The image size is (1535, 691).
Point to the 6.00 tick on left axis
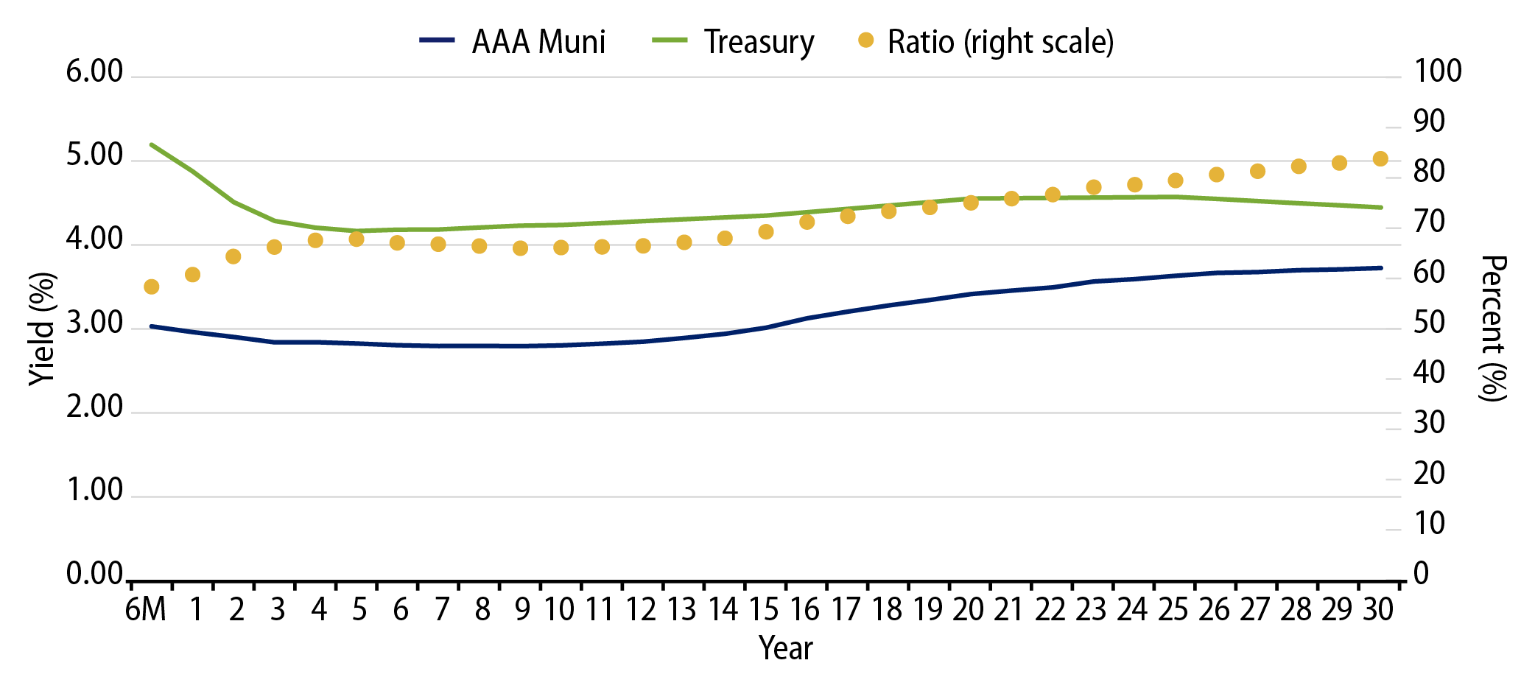point(94,72)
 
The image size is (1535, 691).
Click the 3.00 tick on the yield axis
point(94,323)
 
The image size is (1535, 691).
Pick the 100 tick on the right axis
point(1437,72)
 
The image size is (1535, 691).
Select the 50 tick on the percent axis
point(1429,323)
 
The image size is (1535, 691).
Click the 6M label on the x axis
point(146,610)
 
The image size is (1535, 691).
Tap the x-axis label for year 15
point(764,610)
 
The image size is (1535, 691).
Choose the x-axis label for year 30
point(1378,610)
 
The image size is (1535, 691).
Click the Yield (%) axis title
point(43,329)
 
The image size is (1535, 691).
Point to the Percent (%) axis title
point(1492,329)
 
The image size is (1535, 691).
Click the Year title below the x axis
point(785,648)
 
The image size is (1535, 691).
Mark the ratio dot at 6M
point(152,287)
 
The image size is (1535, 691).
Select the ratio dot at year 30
point(1380,159)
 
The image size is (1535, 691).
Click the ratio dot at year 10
point(561,248)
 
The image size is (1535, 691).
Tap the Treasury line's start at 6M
point(152,144)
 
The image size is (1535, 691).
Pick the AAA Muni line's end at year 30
point(1380,268)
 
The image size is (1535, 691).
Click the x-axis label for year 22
point(1050,610)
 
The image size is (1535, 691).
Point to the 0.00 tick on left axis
point(94,574)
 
